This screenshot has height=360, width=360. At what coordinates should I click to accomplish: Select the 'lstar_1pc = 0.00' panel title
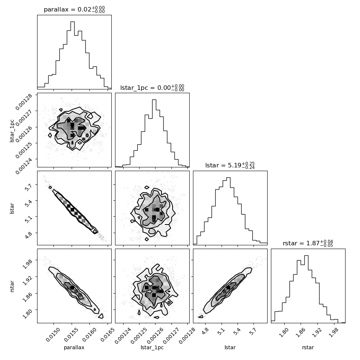click(145, 88)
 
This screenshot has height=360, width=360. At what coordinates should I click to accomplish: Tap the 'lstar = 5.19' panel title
click(223, 165)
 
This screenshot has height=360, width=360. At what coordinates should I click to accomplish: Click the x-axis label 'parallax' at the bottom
click(74, 347)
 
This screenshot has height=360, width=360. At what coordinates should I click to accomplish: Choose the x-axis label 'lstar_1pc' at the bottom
click(152, 347)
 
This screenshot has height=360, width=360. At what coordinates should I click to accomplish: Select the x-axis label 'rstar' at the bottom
click(308, 347)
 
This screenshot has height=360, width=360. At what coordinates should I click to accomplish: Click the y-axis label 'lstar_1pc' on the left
click(12, 131)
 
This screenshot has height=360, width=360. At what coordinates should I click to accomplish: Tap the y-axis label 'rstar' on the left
click(12, 286)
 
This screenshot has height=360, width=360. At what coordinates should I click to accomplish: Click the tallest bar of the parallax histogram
click(72, 55)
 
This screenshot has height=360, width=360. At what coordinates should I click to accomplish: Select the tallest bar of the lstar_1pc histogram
click(154, 133)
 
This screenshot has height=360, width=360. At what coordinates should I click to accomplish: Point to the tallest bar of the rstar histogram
click(306, 289)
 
